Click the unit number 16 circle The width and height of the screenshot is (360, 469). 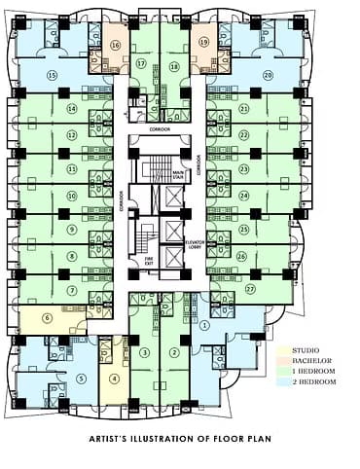116,45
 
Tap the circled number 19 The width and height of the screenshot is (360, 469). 204,43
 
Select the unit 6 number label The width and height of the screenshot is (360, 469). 46,318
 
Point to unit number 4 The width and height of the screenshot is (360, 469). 115,379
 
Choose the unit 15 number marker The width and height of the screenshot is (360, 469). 53,75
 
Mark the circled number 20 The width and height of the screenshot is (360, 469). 267,75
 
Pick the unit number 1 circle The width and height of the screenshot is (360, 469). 203,327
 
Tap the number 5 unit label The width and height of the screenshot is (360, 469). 82,378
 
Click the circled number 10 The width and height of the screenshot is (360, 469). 72,196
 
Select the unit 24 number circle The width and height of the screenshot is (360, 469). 244,195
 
